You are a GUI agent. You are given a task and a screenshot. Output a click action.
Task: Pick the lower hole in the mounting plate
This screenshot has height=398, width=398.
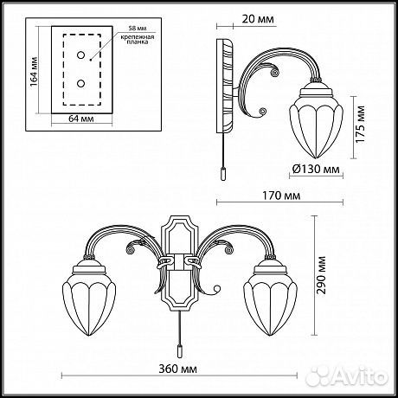83,84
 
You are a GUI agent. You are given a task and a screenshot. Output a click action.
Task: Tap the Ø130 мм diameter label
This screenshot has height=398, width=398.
306,170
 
